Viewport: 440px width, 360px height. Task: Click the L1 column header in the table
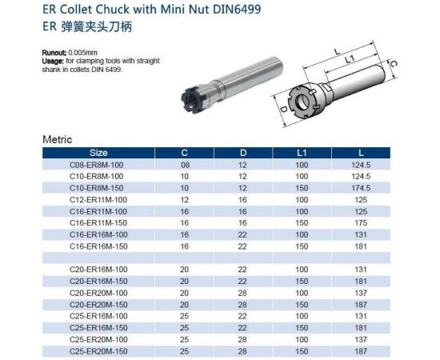(x=301, y=152)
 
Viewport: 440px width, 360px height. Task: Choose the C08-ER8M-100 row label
(x=98, y=164)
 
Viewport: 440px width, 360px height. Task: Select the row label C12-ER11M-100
(x=98, y=198)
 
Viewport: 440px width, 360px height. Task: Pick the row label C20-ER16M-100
(x=98, y=268)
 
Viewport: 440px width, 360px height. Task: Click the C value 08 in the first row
(x=184, y=164)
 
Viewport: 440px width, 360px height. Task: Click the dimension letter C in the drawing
(x=393, y=66)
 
